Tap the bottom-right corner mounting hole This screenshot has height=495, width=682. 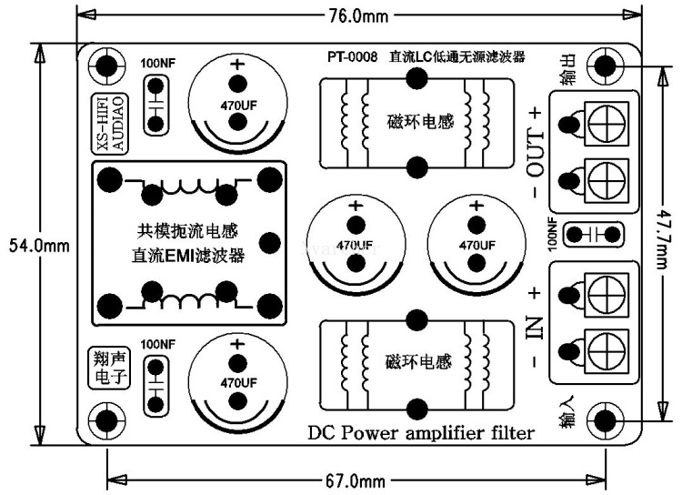pyautogui.click(x=604, y=420)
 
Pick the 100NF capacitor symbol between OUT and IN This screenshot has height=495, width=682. pyautogui.click(x=593, y=234)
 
